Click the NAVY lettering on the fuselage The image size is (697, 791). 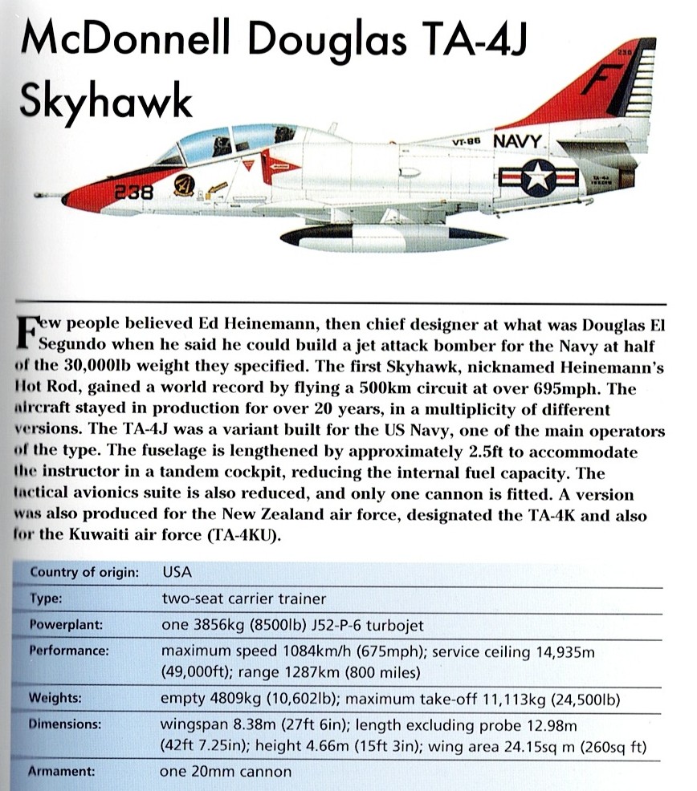click(x=518, y=142)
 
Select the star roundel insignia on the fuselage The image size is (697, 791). click(x=537, y=177)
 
